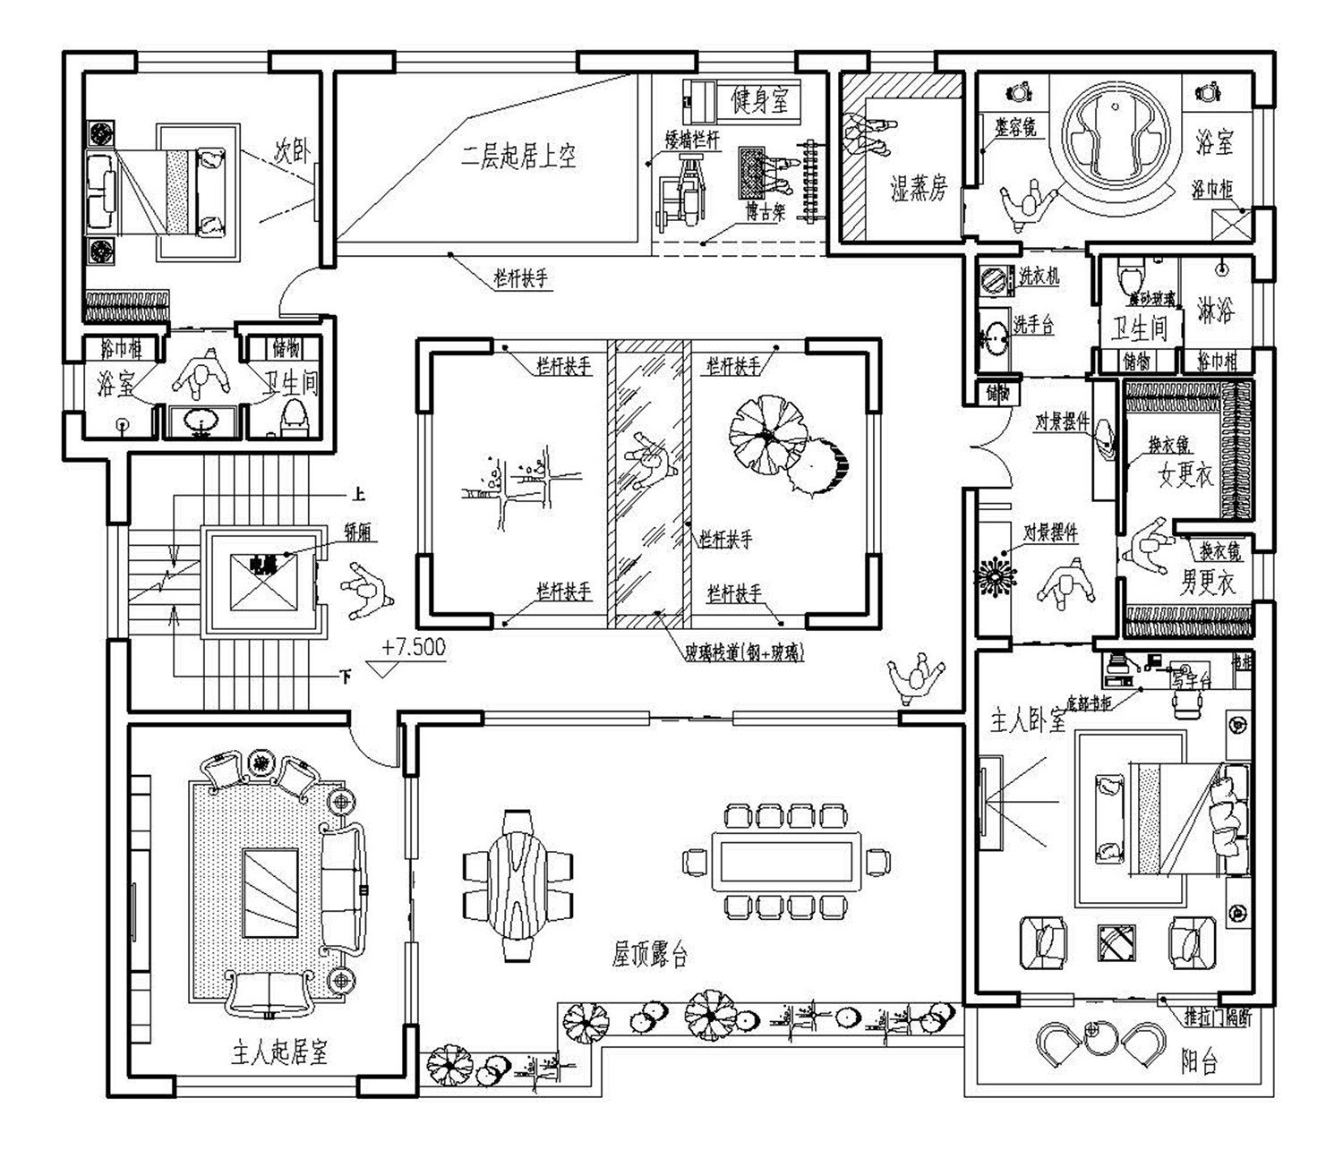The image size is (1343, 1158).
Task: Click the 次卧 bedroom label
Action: pos(292,151)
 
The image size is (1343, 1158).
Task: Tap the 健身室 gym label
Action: pos(760,100)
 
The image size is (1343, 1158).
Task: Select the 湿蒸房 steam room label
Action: pos(918,188)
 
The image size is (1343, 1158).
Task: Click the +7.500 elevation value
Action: pos(413,647)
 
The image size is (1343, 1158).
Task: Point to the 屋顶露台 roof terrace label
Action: pos(650,956)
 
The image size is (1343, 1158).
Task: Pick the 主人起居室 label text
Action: pos(279,1052)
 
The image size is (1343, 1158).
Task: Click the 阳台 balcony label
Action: pos(1199,1062)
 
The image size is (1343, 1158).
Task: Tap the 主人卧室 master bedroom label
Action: pos(1028,719)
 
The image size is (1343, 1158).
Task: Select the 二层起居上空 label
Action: pos(518,157)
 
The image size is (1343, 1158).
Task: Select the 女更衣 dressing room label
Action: pos(1185,475)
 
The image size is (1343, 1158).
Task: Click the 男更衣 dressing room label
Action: pos(1207,584)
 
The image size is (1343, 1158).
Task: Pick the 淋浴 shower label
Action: pos(1216,311)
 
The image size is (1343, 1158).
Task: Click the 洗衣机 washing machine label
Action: pos(1039,277)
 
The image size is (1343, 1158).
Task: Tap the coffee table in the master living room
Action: pos(270,893)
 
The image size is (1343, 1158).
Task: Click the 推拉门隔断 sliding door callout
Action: pos(1216,1017)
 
